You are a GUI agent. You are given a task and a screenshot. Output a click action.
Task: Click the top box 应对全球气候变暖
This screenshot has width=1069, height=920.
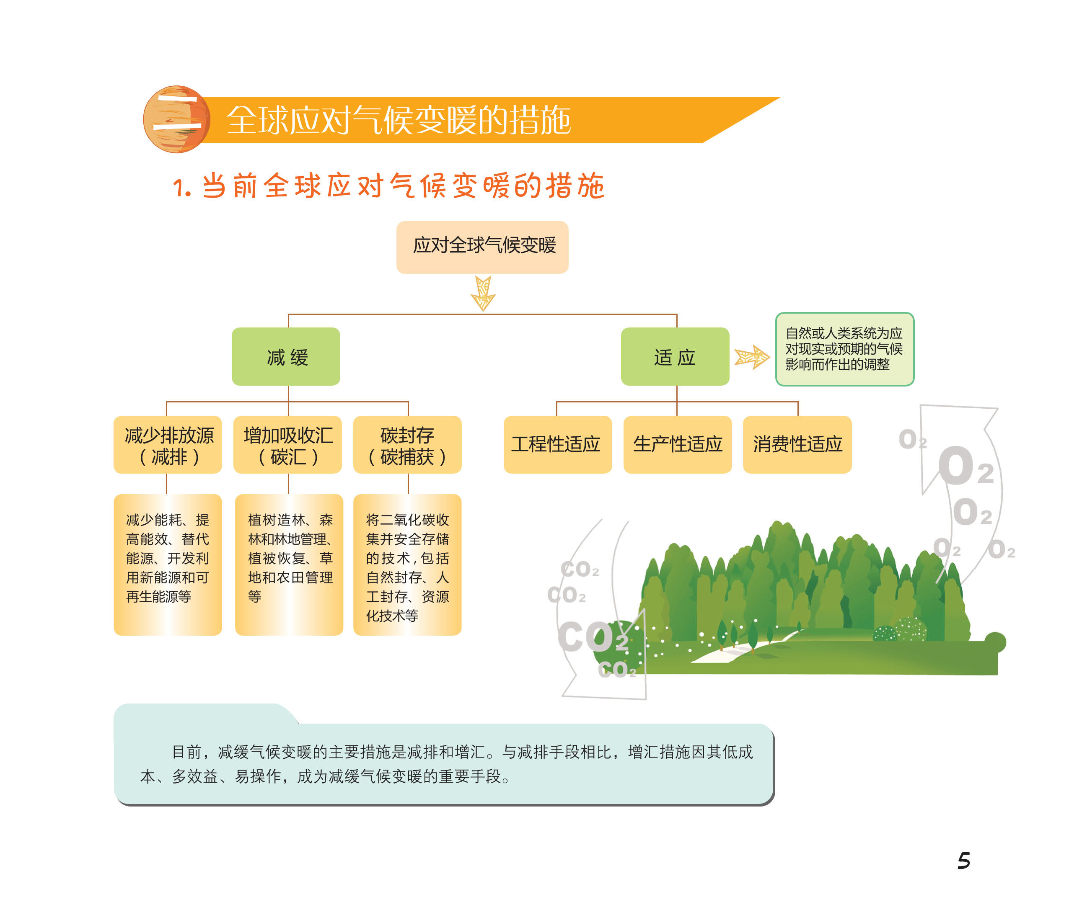[482, 247]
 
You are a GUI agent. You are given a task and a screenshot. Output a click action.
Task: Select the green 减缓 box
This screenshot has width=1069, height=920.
[286, 356]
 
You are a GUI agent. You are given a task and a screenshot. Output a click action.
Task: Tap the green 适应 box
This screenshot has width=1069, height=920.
[675, 356]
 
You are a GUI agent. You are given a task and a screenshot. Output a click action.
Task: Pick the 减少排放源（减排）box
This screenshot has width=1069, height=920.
[168, 445]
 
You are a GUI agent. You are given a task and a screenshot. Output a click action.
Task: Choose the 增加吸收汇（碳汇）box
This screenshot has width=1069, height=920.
[287, 445]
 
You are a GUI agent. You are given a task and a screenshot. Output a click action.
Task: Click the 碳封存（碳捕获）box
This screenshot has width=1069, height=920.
[407, 445]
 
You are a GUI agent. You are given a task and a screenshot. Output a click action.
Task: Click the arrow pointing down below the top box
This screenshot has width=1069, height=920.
[483, 293]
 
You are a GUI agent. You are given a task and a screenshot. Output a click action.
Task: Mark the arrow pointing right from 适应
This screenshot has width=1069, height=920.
[752, 356]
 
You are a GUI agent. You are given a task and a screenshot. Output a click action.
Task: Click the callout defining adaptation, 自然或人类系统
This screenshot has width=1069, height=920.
[844, 349]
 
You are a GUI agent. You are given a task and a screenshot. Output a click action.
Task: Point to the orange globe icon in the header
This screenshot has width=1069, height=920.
[176, 119]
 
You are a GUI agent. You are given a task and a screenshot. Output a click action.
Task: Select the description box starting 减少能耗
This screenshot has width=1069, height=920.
[168, 564]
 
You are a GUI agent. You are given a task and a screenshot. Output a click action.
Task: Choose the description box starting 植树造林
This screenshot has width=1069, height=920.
[289, 564]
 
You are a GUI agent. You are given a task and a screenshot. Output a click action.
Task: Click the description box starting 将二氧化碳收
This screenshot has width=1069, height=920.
[407, 564]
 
